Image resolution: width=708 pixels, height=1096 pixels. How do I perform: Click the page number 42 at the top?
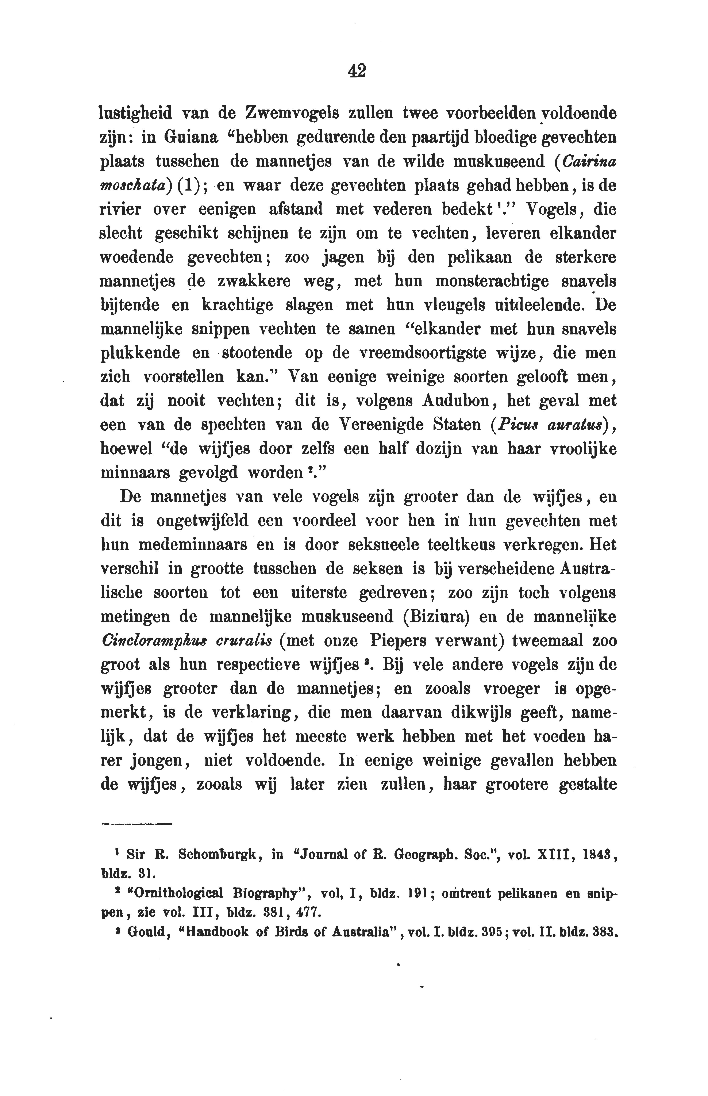click(357, 71)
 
